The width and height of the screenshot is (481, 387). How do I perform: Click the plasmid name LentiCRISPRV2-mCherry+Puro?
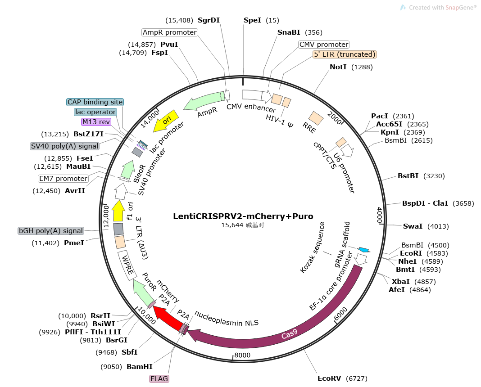click(243, 216)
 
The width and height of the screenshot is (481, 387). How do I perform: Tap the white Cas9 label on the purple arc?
click(289, 334)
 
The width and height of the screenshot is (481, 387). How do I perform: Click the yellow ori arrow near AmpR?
click(166, 121)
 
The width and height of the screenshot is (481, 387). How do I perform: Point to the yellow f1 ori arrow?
click(118, 211)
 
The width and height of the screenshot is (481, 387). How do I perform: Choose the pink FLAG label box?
click(159, 379)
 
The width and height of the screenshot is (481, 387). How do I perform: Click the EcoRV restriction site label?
click(329, 378)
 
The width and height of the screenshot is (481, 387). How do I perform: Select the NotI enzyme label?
click(338, 67)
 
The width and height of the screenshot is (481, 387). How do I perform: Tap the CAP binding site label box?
click(95, 102)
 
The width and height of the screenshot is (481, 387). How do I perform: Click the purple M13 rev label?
click(96, 121)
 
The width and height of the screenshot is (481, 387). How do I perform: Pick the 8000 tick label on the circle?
click(242, 355)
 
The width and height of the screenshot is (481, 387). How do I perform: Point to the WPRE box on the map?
click(127, 265)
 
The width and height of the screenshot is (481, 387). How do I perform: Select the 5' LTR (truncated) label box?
click(345, 54)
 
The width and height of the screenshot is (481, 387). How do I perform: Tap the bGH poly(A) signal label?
click(51, 231)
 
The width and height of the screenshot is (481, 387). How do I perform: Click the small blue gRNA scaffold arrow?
click(364, 250)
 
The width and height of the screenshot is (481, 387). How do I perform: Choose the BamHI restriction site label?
click(140, 366)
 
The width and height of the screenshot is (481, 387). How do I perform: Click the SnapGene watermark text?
click(442, 7)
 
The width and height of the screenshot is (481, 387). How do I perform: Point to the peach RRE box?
click(316, 118)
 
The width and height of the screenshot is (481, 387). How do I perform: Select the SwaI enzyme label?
click(413, 226)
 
